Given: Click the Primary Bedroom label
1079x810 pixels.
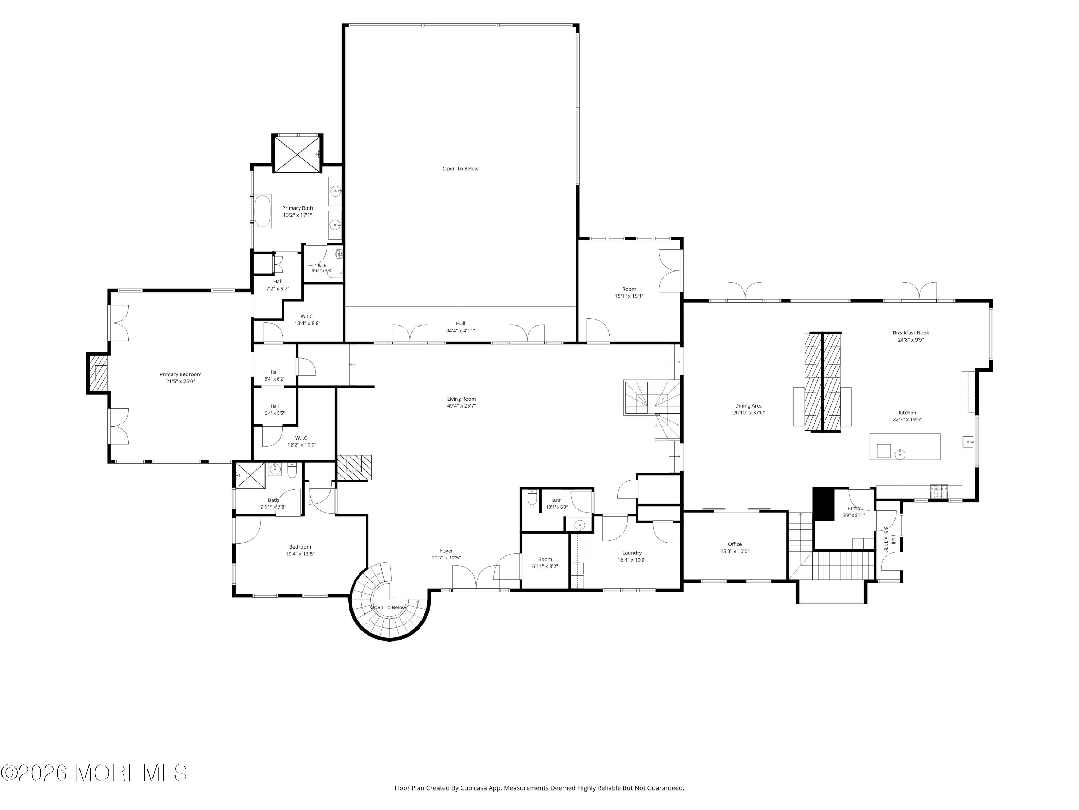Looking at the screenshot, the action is (181, 374).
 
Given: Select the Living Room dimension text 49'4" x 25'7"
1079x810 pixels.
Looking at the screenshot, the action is (461, 406).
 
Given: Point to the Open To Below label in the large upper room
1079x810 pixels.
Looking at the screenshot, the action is (460, 169).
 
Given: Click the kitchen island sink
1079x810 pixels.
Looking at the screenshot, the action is (900, 455).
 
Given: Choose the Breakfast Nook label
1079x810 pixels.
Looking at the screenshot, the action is (911, 333).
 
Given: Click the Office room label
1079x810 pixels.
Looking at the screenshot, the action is (734, 544).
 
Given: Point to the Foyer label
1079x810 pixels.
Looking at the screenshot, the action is (446, 551).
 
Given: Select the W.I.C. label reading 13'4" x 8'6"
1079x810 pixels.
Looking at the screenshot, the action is (307, 320).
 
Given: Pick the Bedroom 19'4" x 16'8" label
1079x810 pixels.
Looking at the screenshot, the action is (300, 550).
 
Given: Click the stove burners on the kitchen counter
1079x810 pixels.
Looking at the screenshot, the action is (939, 491).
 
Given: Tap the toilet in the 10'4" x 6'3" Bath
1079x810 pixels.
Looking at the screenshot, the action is (532, 498).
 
